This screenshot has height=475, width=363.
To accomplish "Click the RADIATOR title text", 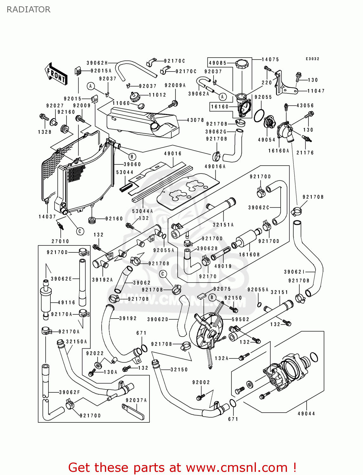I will point(29,9).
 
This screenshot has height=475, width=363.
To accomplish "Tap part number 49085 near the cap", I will point(218,63).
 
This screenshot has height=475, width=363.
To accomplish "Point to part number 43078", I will point(195,120).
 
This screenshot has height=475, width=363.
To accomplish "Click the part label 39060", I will point(132,164).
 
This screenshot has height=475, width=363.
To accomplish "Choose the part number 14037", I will point(47,217).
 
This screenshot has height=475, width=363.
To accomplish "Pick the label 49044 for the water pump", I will point(306,414).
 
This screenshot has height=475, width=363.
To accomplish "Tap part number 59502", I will point(240,320).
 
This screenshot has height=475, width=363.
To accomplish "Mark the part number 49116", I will point(67,303).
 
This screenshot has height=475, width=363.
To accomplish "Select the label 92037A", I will point(136,400).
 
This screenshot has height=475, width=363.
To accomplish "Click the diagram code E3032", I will point(312,59).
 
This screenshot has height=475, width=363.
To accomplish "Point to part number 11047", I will point(316,91).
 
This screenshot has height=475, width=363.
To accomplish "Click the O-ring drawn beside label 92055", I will point(259,115).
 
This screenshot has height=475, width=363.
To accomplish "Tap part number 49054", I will point(266,140).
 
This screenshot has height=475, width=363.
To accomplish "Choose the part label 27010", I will point(60,241).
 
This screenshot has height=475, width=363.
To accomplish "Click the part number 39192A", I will point(102,280).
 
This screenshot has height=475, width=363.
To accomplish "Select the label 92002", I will point(201,383).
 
